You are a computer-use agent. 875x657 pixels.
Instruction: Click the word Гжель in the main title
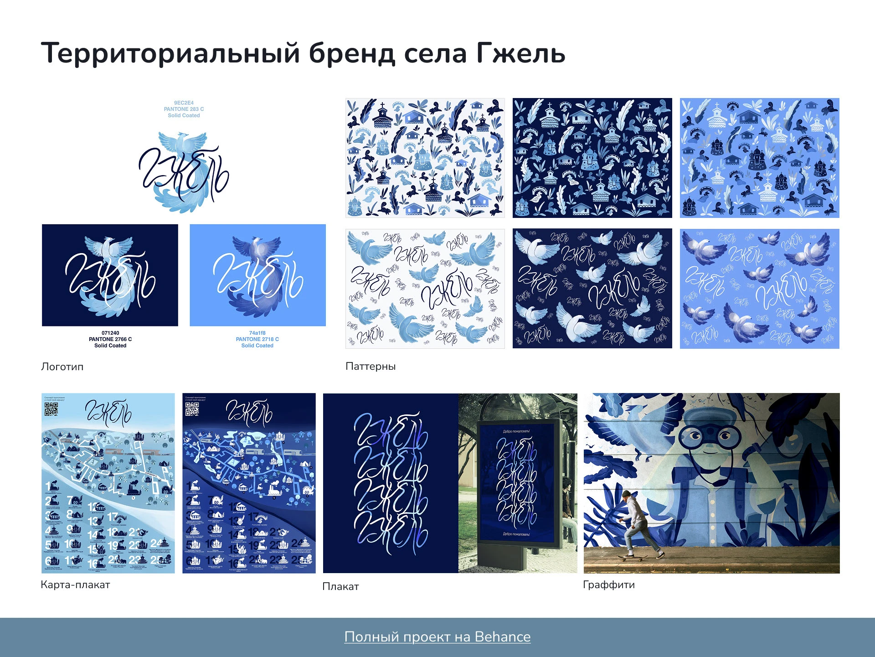pos(521,53)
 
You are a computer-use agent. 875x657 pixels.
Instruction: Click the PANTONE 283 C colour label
pos(184,109)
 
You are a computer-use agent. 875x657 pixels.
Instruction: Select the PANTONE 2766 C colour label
pos(110,339)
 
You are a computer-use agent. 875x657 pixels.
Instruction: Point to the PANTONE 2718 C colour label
pos(257,339)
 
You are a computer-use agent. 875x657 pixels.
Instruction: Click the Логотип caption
pos(62,367)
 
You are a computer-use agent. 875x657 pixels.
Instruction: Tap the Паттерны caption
pos(371,366)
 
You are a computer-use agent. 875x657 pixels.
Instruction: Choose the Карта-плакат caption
pos(75,585)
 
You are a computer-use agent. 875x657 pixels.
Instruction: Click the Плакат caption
pos(340,586)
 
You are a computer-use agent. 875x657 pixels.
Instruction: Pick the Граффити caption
pos(609,585)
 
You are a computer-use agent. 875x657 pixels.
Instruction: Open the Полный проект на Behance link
pos(437,636)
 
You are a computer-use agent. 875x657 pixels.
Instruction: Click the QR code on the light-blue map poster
pos(51,409)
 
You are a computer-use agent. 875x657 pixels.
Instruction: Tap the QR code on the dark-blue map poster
pos(192,409)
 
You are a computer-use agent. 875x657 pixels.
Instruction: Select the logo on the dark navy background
pos(110,275)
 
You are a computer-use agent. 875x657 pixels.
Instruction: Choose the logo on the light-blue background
pos(257,275)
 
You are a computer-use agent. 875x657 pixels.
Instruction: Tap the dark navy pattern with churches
pos(592,158)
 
